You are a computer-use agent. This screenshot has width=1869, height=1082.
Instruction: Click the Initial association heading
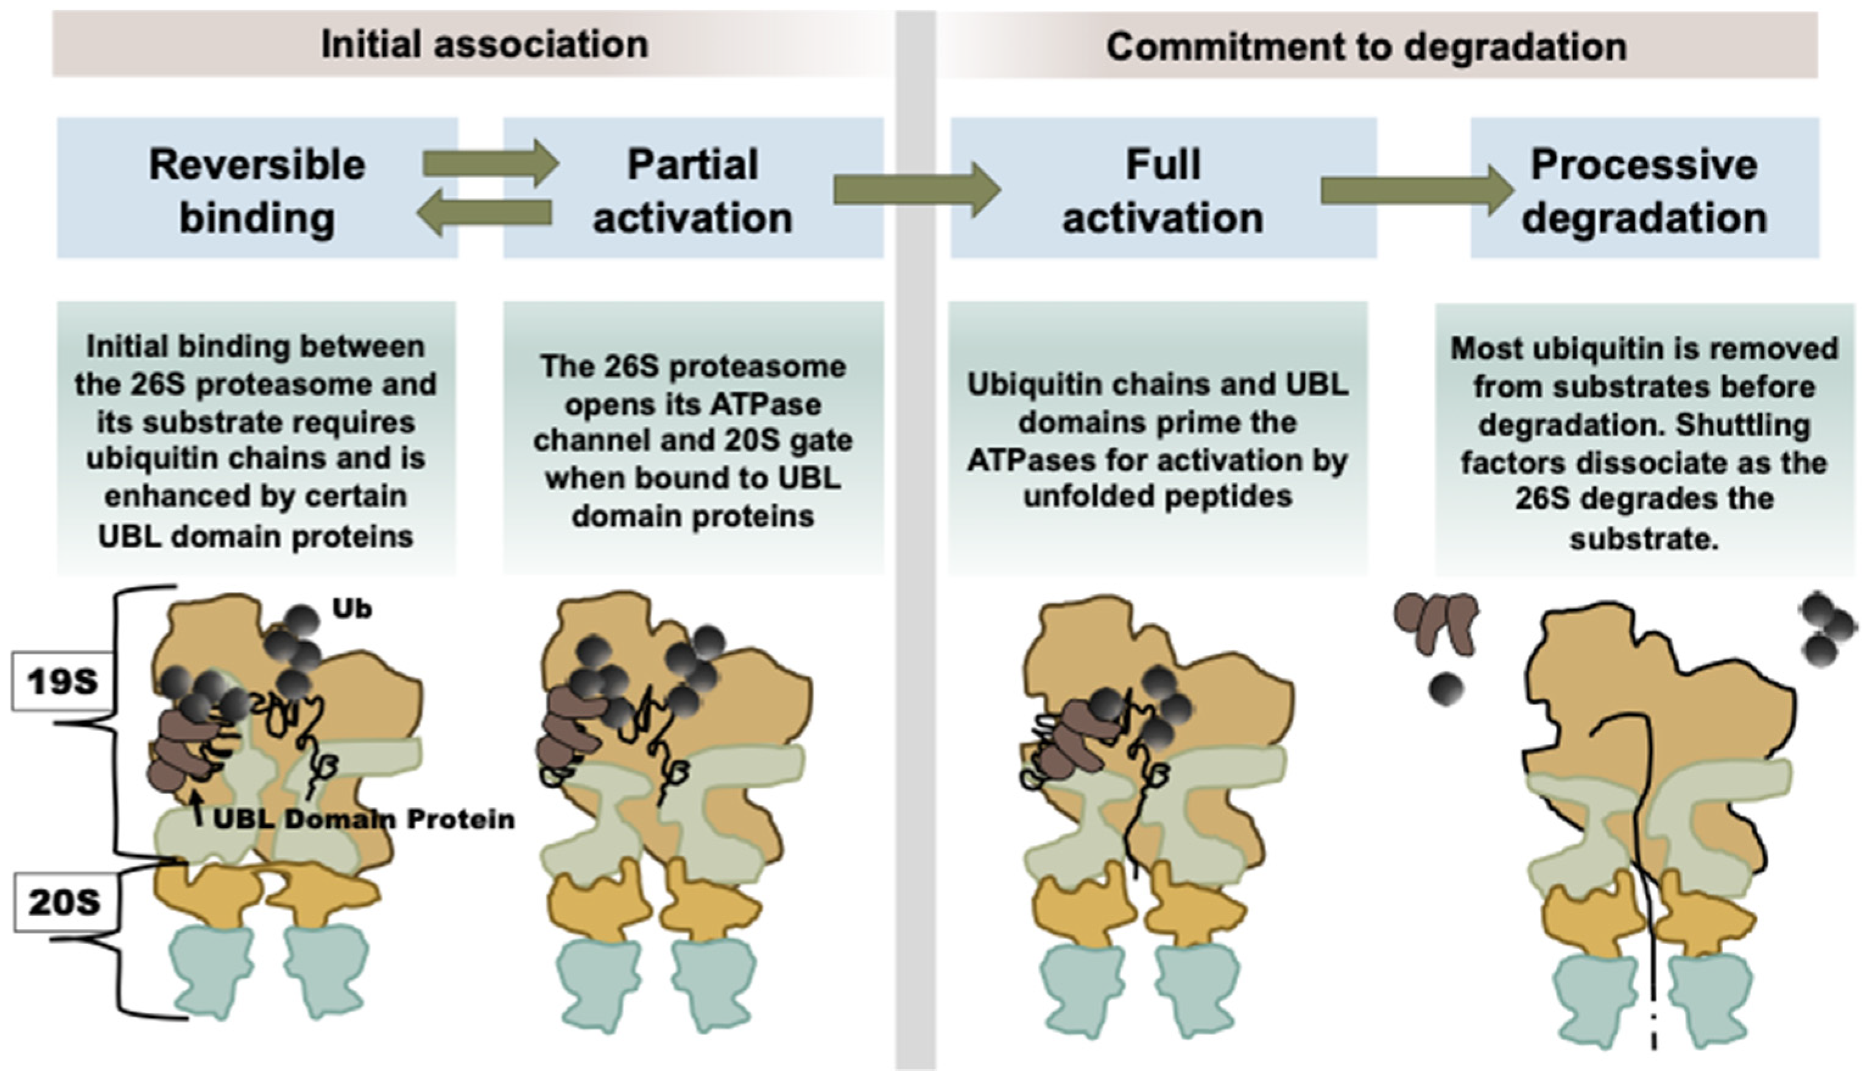484,44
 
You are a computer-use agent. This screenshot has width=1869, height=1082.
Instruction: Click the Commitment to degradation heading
1365,46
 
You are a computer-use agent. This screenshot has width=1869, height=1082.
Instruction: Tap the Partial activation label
692,191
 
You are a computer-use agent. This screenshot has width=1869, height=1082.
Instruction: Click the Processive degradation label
1644,191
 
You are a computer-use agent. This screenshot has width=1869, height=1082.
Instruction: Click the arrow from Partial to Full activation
916,191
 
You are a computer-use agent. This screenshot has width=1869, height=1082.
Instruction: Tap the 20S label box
64,902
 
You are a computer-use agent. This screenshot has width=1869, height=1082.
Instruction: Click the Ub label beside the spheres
351,609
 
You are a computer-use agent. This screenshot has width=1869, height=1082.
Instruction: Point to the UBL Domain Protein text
364,820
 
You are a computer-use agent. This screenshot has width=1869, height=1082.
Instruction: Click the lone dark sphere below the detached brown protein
1446,689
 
